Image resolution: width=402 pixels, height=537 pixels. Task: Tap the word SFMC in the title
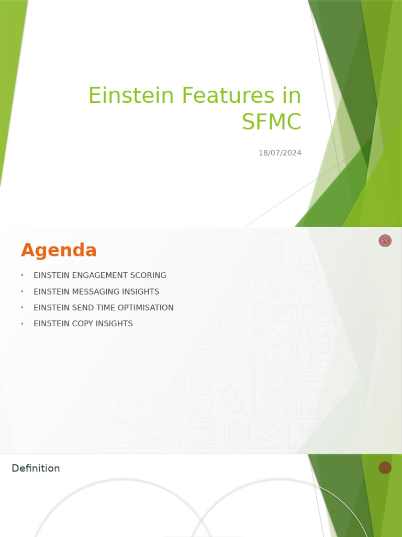coord(271,122)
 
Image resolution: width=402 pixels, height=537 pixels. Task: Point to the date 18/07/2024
coord(280,153)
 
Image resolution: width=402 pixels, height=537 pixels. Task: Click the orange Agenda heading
coord(59,251)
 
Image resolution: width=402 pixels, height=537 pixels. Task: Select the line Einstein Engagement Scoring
coord(99,275)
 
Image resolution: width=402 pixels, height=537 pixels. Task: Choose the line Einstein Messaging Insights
coord(96,292)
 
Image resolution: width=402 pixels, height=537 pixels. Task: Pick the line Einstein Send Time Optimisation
coord(103,308)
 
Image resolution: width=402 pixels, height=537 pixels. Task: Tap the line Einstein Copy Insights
coord(83,324)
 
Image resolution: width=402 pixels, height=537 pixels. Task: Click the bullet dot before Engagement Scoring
coord(23,275)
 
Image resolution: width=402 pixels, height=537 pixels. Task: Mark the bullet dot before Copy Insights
coord(23,324)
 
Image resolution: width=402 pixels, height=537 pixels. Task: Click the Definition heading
coord(36,468)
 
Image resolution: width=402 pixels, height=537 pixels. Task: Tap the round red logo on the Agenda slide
coord(385,241)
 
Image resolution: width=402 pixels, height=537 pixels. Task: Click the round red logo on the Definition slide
coord(385,467)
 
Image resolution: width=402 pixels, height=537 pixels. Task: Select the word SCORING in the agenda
coord(149,275)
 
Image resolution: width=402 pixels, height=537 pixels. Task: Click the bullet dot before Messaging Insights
coord(23,292)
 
